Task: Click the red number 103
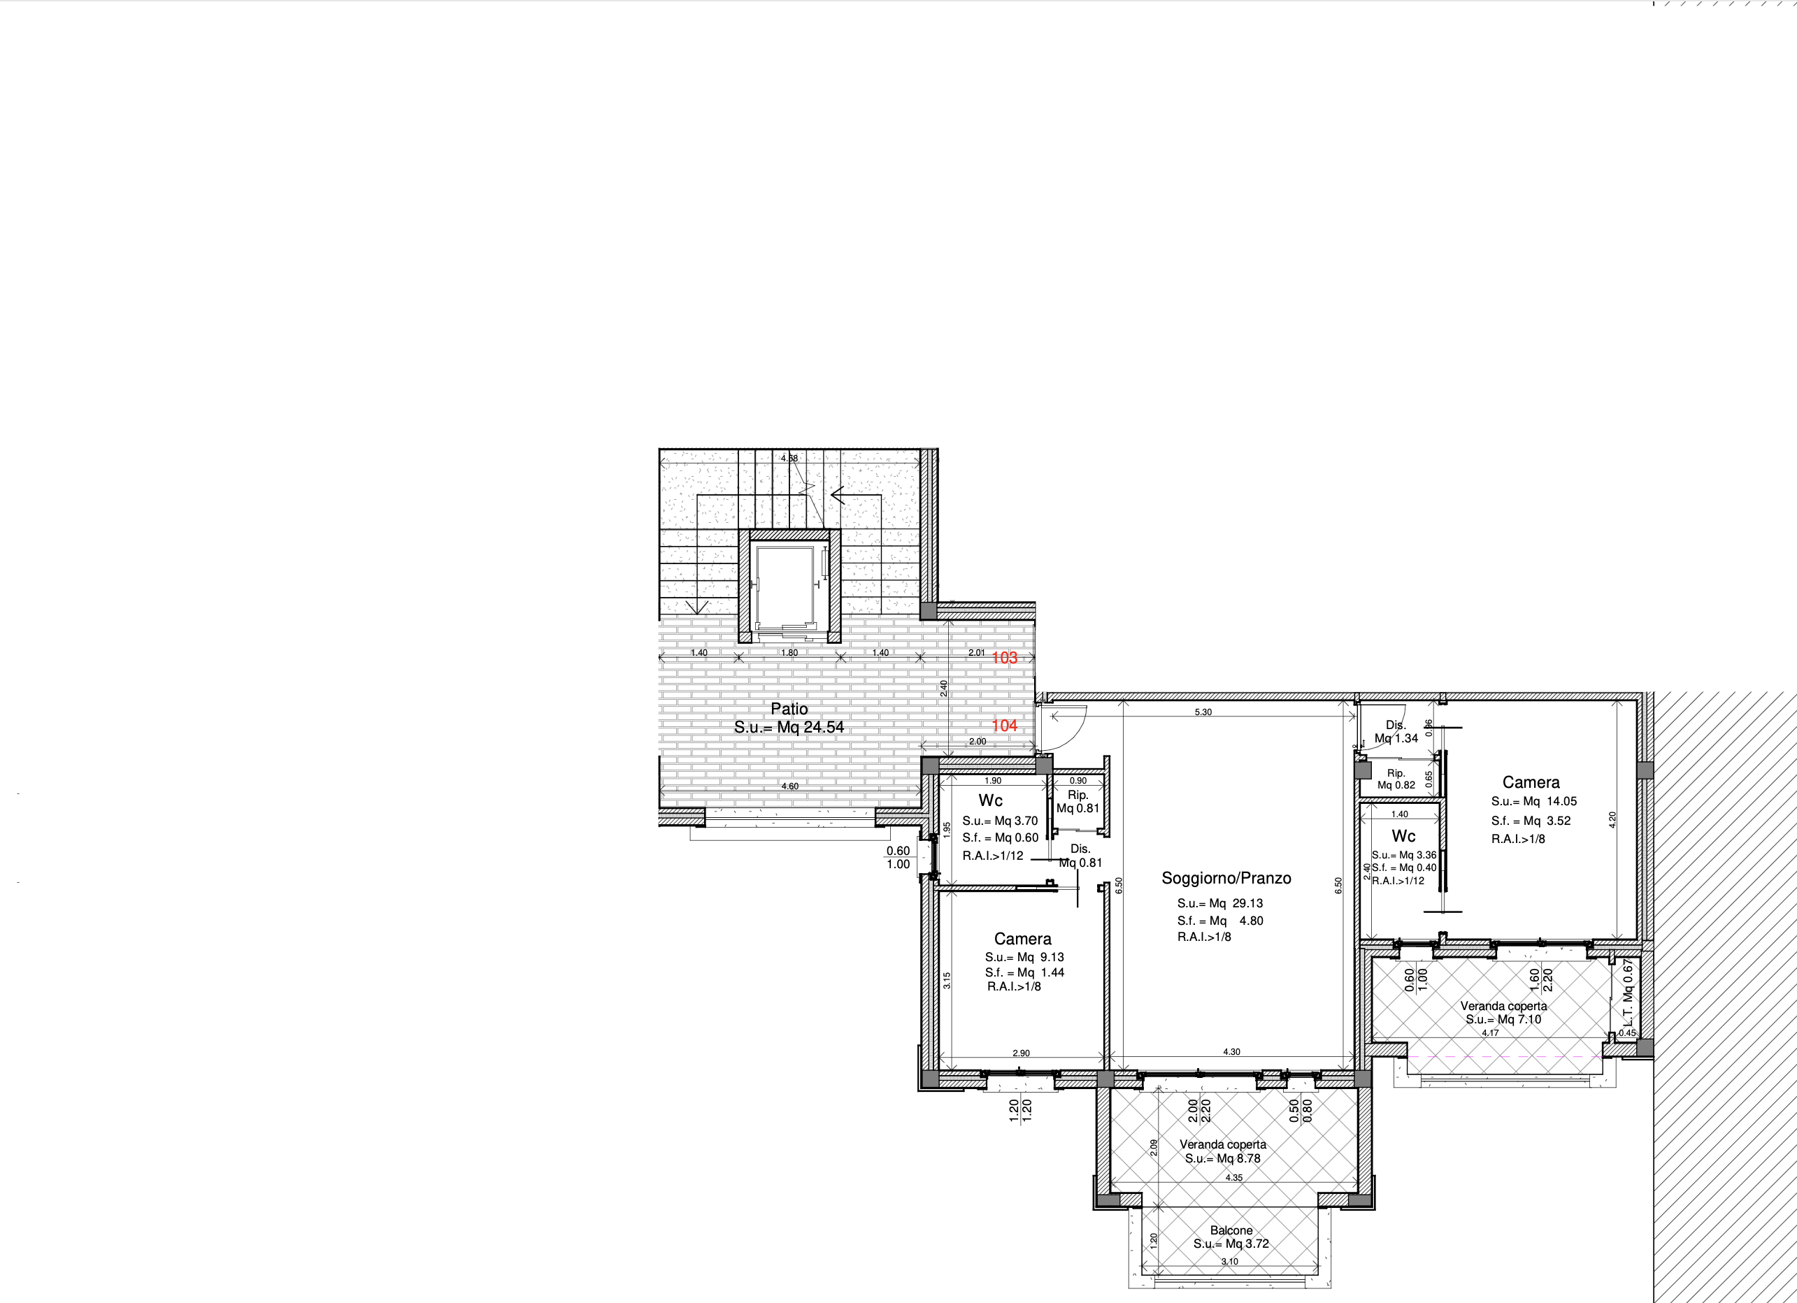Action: point(1004,657)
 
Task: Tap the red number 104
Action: point(1004,726)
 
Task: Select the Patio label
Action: point(789,709)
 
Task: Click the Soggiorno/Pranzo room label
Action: point(1226,878)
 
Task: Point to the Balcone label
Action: point(1231,1230)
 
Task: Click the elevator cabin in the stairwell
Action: point(785,586)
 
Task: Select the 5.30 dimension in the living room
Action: point(1203,712)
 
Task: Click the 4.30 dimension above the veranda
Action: point(1231,1052)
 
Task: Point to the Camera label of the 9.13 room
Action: point(1023,939)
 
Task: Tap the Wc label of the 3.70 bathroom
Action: point(990,800)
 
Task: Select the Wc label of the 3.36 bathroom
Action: point(1403,835)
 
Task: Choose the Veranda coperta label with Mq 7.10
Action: point(1504,1006)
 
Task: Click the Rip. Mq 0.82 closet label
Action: point(1396,779)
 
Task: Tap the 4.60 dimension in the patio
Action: point(790,786)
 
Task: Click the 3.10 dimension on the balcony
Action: point(1230,1262)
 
